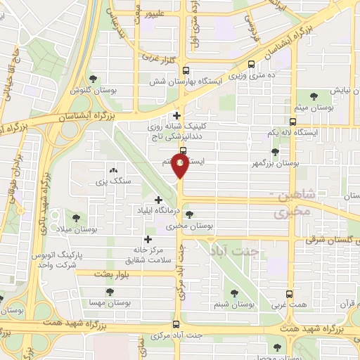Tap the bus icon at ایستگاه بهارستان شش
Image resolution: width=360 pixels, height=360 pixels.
coord(186,70)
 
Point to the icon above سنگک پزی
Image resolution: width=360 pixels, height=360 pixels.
coord(112,171)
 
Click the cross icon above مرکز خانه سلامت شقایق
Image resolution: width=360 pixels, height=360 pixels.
coord(148,239)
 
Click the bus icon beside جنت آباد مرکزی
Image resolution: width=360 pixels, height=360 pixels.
coord(175,325)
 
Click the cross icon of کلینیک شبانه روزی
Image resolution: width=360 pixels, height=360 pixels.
coord(176,115)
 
